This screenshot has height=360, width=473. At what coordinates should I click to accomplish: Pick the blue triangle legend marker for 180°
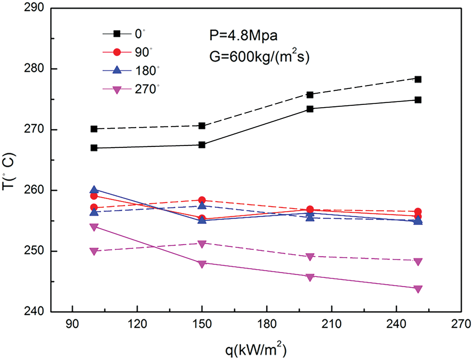pos(117,70)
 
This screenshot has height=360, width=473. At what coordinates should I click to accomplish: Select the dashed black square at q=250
pos(418,79)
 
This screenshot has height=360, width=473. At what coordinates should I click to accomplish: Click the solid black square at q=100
pos(94,148)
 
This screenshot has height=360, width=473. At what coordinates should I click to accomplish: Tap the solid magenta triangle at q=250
pos(418,289)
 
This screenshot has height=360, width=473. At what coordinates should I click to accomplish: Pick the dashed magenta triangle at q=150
pos(202,243)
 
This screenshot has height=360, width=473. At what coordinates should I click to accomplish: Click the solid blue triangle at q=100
pos(94,190)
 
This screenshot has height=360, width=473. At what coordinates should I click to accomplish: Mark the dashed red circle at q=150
pos(202,200)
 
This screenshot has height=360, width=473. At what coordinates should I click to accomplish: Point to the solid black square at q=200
pos(310,109)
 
